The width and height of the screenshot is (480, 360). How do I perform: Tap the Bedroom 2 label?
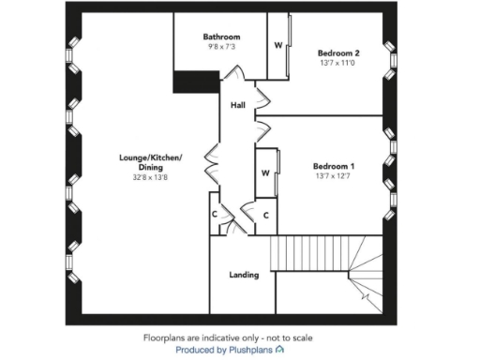[x=338, y=53]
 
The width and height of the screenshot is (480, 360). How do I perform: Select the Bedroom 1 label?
[x=334, y=167]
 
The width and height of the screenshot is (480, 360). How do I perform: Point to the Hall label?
[x=238, y=106]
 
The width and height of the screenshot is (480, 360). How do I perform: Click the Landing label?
[x=245, y=275]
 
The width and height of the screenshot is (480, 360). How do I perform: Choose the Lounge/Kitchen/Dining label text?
[x=150, y=161]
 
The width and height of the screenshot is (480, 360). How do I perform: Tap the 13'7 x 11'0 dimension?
[x=338, y=65]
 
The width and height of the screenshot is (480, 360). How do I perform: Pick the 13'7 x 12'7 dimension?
[x=334, y=176]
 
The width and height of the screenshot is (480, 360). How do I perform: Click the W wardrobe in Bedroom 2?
[x=278, y=44]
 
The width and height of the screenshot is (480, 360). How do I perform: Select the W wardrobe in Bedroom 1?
[x=265, y=172]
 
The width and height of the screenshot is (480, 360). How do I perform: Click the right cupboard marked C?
[x=266, y=215]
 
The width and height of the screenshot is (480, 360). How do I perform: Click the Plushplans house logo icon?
[x=279, y=349]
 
